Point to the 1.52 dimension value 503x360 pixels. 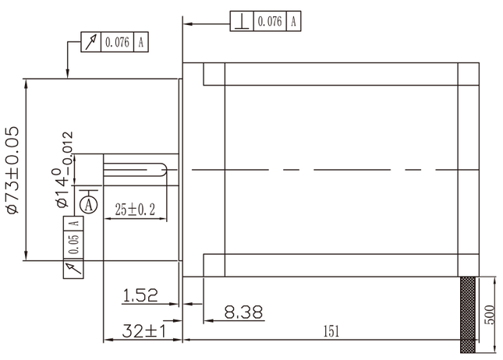(x=140, y=295)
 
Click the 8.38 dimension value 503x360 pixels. (x=243, y=312)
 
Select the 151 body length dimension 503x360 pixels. (x=331, y=331)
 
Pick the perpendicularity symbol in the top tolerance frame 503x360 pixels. (x=243, y=22)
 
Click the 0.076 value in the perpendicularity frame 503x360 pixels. (x=269, y=22)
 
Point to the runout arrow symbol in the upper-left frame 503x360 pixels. (x=91, y=43)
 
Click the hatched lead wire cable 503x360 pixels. (x=467, y=312)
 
